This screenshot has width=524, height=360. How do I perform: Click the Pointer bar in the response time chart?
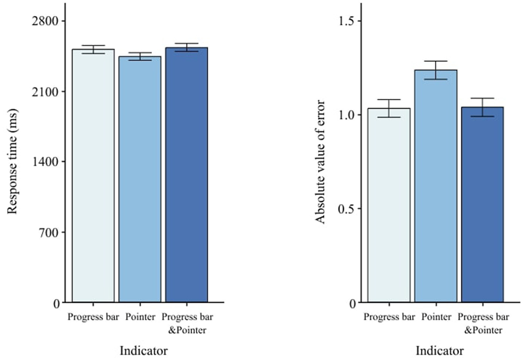click(x=140, y=179)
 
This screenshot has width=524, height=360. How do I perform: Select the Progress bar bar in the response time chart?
click(x=93, y=176)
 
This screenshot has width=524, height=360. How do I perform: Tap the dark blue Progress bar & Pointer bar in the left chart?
click(x=186, y=175)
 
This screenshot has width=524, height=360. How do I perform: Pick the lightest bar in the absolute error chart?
click(x=389, y=205)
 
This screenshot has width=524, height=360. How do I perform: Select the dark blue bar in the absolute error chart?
click(x=483, y=204)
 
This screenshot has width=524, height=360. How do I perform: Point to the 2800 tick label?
click(x=45, y=21)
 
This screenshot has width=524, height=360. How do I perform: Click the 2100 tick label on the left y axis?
click(x=45, y=92)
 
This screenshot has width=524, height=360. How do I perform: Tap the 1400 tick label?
click(x=45, y=162)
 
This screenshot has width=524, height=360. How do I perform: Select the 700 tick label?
click(x=48, y=232)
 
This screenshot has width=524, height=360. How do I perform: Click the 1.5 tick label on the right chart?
click(x=346, y=21)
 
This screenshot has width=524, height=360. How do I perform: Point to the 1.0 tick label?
click(x=346, y=115)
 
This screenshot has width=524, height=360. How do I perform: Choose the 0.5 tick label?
click(x=346, y=209)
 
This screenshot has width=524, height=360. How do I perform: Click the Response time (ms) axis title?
click(x=12, y=162)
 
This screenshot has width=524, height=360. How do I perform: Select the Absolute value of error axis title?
click(x=320, y=162)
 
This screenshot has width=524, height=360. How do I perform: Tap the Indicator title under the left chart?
click(x=143, y=350)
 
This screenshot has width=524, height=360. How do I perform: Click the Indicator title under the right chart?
click(x=440, y=350)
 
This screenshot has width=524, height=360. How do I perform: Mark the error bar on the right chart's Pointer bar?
click(x=436, y=70)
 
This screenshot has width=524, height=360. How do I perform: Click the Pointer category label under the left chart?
click(x=140, y=317)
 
